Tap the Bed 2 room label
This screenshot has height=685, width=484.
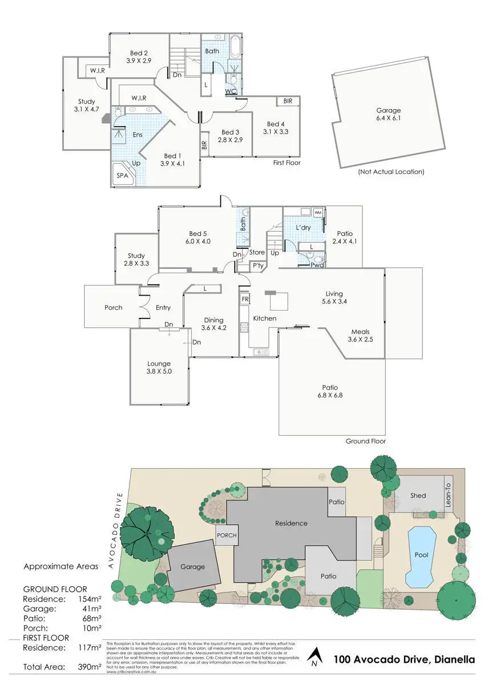[x=138, y=53]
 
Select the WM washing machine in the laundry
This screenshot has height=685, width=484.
[x=318, y=212]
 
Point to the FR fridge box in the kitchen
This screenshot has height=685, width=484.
[x=245, y=299]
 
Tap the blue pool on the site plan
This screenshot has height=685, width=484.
[x=422, y=555]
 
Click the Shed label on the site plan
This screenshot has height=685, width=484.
[x=418, y=495]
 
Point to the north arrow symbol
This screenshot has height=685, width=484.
[x=313, y=658]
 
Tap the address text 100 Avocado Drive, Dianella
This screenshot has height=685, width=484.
[x=404, y=660]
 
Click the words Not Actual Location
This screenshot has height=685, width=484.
[x=391, y=171]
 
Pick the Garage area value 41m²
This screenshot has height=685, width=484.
[x=91, y=609]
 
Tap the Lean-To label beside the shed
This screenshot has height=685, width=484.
[x=448, y=494]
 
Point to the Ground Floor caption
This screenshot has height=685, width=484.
[x=366, y=441]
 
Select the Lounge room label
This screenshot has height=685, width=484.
[x=159, y=364]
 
